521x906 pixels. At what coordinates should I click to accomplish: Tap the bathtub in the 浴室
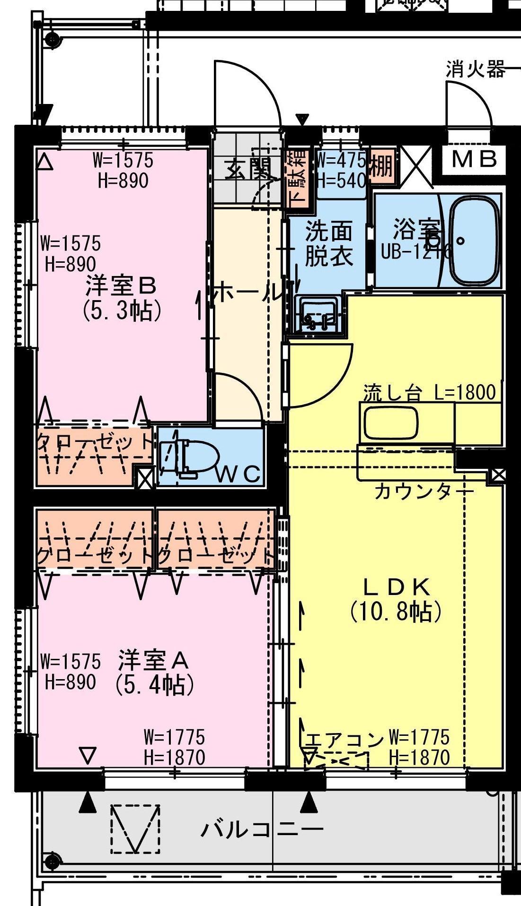tap(474, 241)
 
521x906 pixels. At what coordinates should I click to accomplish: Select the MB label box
tap(474, 159)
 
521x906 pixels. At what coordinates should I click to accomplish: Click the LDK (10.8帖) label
tap(397, 599)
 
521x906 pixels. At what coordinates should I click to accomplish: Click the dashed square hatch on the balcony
tap(135, 829)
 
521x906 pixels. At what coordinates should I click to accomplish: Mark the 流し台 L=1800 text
tap(429, 392)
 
